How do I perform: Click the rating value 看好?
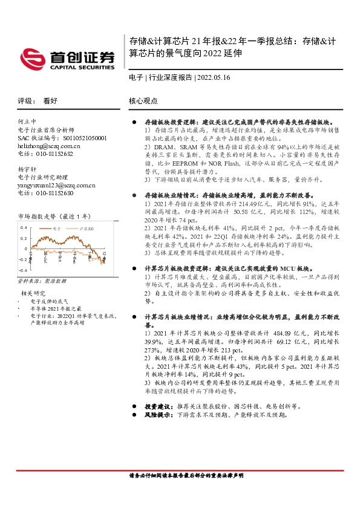(50, 102)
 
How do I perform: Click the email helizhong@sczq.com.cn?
(48, 146)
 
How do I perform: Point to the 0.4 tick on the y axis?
(24, 228)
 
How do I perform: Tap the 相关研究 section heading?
(31, 293)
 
